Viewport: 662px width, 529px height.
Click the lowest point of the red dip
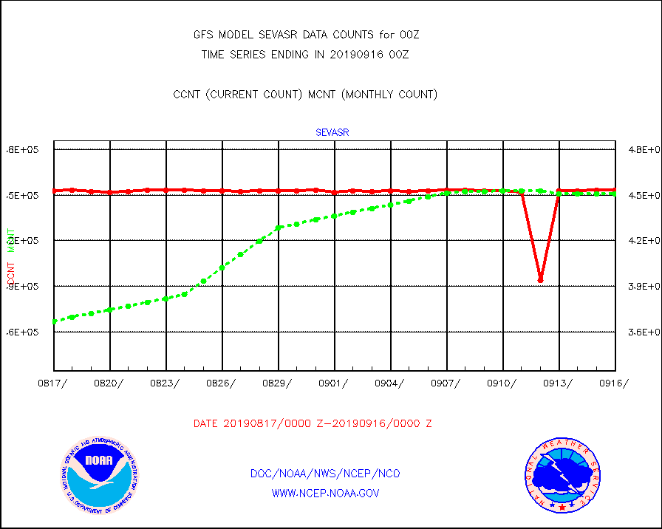pyautogui.click(x=541, y=280)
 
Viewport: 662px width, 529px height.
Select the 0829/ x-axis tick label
pyautogui.click(x=279, y=383)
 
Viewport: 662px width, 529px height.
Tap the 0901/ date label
pyautogui.click(x=335, y=383)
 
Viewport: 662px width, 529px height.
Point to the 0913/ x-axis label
pyautogui.click(x=559, y=383)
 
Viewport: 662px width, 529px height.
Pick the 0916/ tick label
pyautogui.click(x=614, y=383)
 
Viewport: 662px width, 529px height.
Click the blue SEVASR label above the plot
pyautogui.click(x=332, y=133)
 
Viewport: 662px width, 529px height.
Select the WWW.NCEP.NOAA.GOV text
pyautogui.click(x=326, y=493)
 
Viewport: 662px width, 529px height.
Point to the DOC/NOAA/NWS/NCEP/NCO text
pyautogui.click(x=325, y=474)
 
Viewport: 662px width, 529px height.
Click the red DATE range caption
pyautogui.click(x=313, y=424)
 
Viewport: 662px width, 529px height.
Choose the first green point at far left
pyautogui.click(x=55, y=321)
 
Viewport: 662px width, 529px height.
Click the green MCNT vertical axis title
pyautogui.click(x=11, y=240)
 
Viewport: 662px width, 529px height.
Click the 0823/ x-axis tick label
pyautogui.click(x=166, y=383)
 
